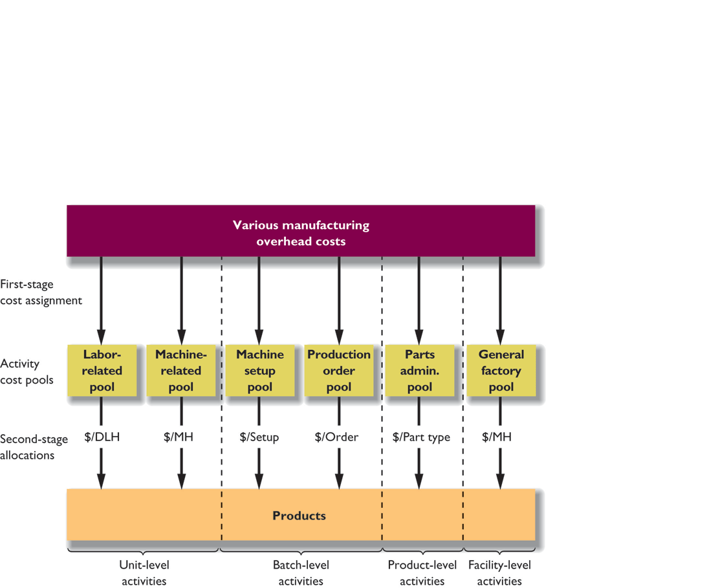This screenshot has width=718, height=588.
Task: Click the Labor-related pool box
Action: pos(102,371)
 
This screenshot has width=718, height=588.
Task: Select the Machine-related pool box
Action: pos(181,371)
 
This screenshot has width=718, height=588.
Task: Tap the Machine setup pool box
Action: pos(259,371)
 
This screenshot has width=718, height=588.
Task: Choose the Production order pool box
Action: pos(339,371)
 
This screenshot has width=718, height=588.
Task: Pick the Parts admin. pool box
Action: pos(419,371)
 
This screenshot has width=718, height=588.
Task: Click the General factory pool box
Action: pos(501,371)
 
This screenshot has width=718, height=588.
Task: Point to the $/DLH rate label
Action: pos(102,437)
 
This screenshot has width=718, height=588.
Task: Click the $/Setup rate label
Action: pos(259,437)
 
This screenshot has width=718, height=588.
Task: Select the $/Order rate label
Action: pos(337,437)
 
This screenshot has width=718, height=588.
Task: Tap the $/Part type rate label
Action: pos(421,437)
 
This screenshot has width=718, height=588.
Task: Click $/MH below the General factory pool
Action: pos(497,437)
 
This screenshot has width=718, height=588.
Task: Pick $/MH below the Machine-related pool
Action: pos(179,437)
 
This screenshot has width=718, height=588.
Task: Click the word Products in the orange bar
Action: pos(299,516)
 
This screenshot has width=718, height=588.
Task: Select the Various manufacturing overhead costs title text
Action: pos(301,234)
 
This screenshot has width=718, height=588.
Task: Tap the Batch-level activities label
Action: pos(301,572)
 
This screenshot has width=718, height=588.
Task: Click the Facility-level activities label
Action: pos(499,572)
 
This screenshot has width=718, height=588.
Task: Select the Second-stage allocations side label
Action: pos(34,447)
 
